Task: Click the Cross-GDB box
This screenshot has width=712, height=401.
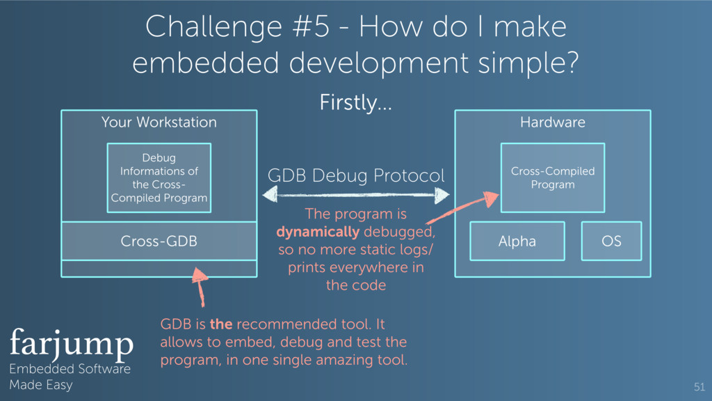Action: coord(159,241)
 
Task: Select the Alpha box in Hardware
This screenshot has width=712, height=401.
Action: coord(517,241)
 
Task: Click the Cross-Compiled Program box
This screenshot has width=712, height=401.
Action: coord(553,178)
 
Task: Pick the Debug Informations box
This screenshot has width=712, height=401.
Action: coord(159,178)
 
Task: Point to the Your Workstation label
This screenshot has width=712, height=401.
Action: coord(159,123)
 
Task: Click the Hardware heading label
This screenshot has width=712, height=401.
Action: coord(553,123)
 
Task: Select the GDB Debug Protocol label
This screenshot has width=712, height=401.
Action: coord(355,176)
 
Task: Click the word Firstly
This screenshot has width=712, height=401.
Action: coord(355,104)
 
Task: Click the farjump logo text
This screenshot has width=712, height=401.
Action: coord(71,343)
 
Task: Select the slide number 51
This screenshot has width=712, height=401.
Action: coord(699,386)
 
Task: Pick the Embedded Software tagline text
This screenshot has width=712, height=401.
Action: coord(70,369)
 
